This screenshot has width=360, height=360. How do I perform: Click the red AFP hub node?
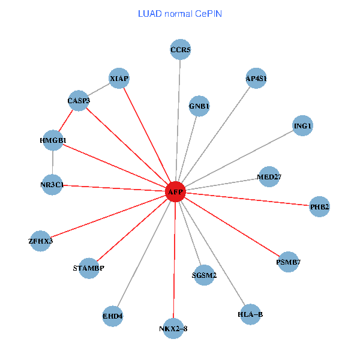click(x=175, y=192)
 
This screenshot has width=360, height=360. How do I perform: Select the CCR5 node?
click(x=181, y=50)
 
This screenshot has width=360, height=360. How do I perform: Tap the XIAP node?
click(x=119, y=79)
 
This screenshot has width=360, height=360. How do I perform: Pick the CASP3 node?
click(x=79, y=101)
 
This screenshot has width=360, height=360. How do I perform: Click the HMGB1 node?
click(x=53, y=140)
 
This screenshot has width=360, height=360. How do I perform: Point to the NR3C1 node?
click(x=52, y=185)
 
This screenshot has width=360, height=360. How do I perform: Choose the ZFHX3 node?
click(x=40, y=241)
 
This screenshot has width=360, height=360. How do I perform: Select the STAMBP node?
click(x=88, y=268)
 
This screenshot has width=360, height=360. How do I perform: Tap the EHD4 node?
click(x=112, y=316)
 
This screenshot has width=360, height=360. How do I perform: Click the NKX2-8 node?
click(x=173, y=328)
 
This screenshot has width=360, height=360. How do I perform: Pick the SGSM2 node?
click(x=204, y=275)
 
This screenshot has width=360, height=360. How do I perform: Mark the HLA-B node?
click(x=250, y=314)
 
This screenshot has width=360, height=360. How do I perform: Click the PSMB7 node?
click(x=289, y=262)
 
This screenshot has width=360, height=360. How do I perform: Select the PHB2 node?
click(x=319, y=207)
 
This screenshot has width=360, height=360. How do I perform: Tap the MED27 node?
click(x=269, y=177)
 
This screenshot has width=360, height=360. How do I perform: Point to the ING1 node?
click(x=303, y=126)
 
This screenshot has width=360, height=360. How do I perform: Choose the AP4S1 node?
click(x=256, y=79)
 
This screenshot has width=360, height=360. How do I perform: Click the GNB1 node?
click(x=199, y=106)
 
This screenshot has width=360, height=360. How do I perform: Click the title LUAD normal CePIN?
click(x=180, y=13)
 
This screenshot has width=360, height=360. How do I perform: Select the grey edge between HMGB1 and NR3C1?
click(x=53, y=163)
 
